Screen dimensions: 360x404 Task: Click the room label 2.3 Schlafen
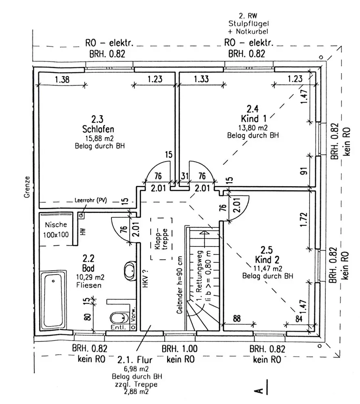[98, 124]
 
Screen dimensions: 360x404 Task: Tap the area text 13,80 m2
[253, 128]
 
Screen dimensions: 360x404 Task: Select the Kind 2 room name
[267, 259]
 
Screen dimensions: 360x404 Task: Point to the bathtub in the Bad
[53, 300]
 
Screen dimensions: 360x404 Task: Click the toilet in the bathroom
[120, 318]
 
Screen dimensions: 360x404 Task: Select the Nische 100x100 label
[56, 229]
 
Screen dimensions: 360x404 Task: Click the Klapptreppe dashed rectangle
[161, 239]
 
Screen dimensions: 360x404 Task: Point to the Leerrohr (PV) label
[90, 200]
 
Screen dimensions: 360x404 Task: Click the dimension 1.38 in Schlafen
[62, 79]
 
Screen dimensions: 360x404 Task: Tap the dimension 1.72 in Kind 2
[304, 219]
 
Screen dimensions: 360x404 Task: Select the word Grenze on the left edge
[27, 187]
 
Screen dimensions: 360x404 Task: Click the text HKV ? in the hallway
[145, 278]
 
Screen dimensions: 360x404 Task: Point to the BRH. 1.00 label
[180, 349]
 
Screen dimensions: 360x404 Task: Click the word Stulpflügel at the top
[249, 24]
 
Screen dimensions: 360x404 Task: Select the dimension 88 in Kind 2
[237, 318]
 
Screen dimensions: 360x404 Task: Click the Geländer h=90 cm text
[180, 285]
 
